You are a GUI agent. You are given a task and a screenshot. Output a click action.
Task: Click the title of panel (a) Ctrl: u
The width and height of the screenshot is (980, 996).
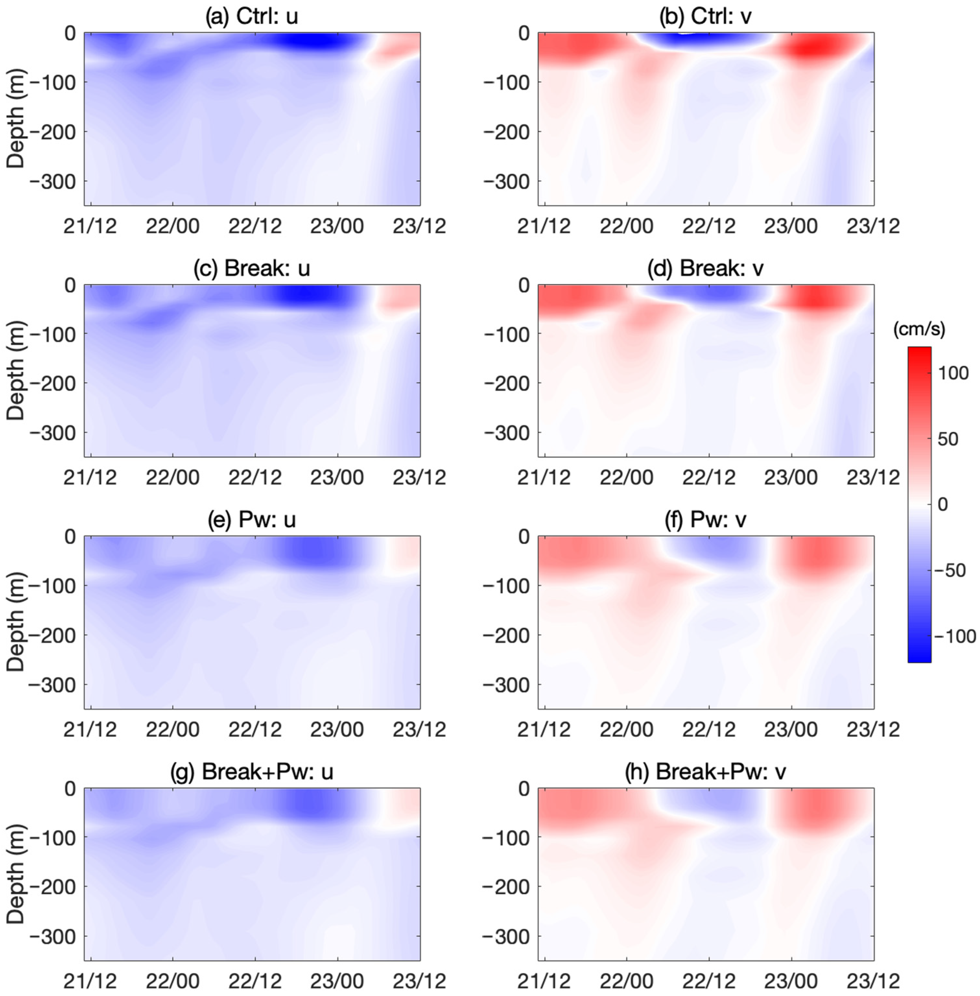pyautogui.click(x=252, y=17)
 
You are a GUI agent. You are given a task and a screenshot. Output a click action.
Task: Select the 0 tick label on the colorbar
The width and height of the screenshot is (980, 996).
pyautogui.click(x=942, y=504)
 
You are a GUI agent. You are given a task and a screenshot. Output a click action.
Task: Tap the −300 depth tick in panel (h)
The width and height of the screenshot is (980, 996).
pyautogui.click(x=507, y=937)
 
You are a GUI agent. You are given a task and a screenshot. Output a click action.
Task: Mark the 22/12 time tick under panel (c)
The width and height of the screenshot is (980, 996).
pyautogui.click(x=255, y=478)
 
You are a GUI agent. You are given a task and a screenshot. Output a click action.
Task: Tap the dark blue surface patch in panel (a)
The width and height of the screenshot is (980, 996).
pyautogui.click(x=314, y=41)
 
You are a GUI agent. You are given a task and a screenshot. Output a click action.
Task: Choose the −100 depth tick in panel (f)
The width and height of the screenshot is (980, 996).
pyautogui.click(x=507, y=586)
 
